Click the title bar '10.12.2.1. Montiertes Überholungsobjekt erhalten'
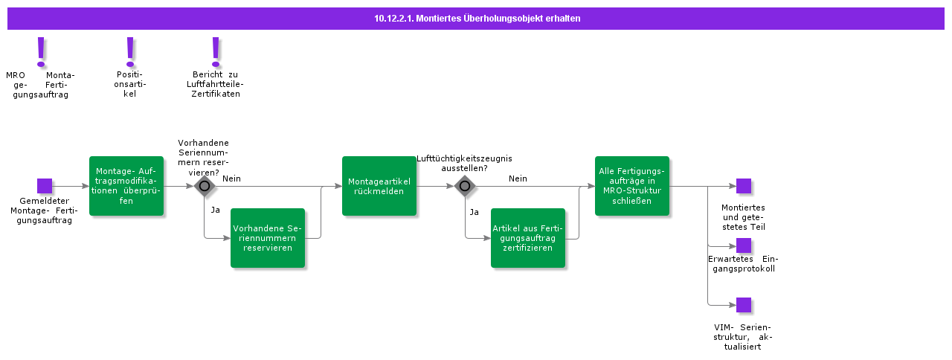click(476, 19)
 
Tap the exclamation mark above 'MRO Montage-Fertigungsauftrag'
click(42, 52)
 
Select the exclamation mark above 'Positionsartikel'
click(130, 52)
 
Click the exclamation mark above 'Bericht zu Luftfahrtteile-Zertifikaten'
click(216, 52)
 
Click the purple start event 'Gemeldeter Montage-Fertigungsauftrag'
click(45, 186)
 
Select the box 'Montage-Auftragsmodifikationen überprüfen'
click(126, 186)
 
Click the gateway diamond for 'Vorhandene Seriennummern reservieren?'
click(205, 186)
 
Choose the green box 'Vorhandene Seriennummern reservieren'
click(268, 238)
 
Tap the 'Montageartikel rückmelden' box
click(379, 186)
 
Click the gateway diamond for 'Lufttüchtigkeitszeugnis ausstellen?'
click(465, 186)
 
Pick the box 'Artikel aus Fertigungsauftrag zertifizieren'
click(528, 238)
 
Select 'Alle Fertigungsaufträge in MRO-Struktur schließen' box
click(632, 186)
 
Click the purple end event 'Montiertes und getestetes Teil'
click(744, 186)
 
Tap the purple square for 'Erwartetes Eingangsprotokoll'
click(744, 245)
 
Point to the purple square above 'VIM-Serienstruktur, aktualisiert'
click(744, 305)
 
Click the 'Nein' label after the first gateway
click(231, 179)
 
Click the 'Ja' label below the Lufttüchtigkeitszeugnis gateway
click(474, 212)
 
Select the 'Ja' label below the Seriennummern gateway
click(215, 210)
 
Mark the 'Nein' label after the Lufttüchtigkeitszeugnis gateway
click(518, 179)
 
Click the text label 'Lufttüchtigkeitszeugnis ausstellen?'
click(464, 163)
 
